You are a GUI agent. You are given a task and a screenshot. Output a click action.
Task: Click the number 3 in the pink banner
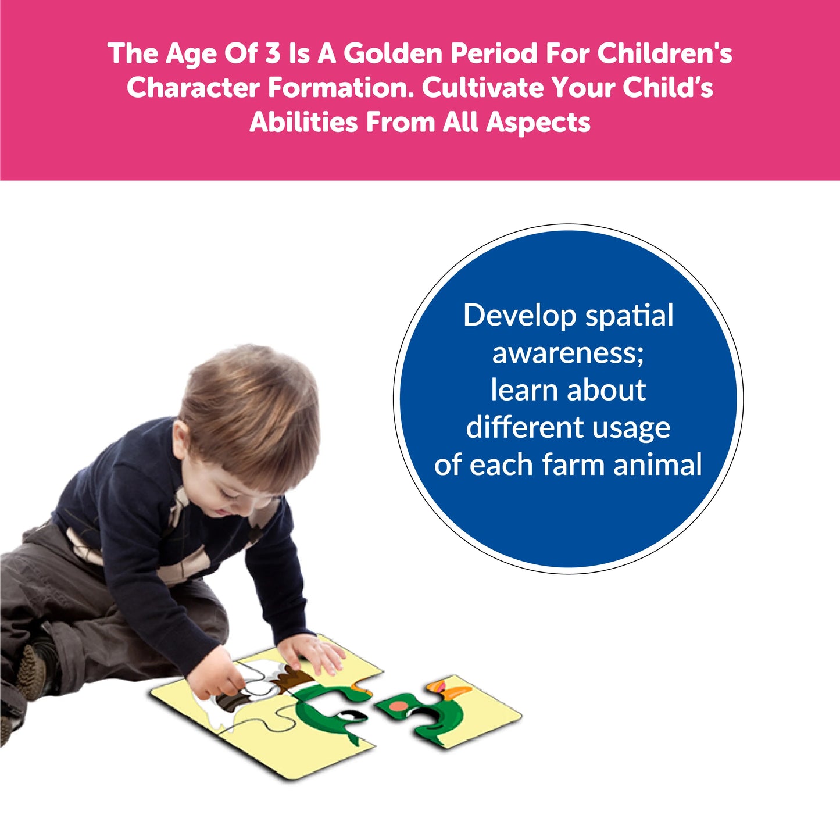(272, 53)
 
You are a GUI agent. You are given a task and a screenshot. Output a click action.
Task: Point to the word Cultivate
(483, 88)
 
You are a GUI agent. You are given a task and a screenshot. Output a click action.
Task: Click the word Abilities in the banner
(303, 122)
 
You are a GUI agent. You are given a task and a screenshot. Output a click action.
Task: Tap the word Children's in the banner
(665, 53)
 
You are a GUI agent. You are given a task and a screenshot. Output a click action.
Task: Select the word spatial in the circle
(629, 316)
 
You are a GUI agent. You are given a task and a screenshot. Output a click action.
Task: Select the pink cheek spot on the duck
(398, 705)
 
